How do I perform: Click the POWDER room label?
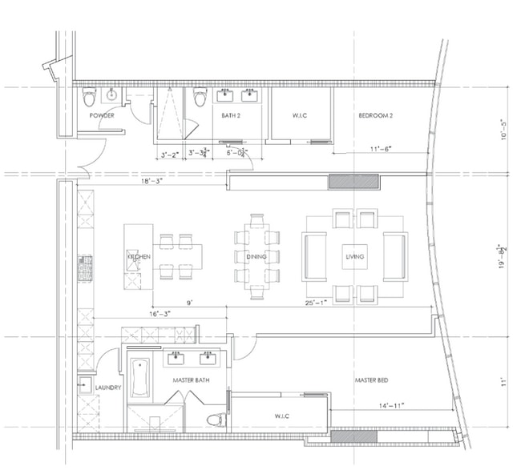coord(101,116)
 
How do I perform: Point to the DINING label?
coord(256,257)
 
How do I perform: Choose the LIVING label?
coord(354,257)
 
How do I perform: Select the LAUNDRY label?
coord(107,388)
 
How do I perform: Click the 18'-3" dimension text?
coord(150,183)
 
